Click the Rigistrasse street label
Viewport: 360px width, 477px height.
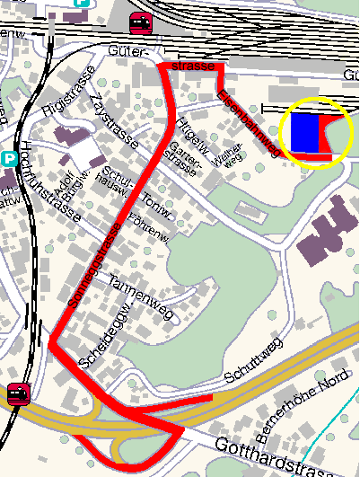pos(61,96)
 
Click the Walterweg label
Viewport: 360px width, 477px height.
pos(221,152)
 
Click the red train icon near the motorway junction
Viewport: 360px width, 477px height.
pos(17,393)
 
